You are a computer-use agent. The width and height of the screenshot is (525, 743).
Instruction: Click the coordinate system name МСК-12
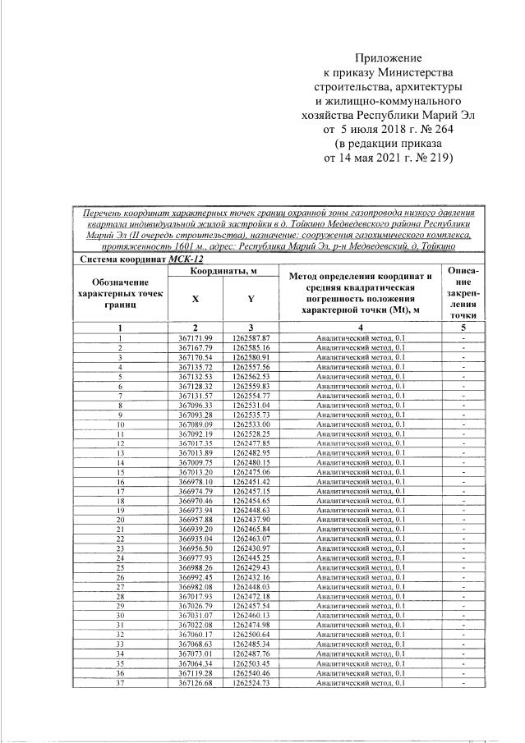(186, 259)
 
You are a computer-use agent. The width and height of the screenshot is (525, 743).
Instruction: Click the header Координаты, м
(223, 271)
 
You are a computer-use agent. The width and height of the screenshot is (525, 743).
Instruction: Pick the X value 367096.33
(195, 405)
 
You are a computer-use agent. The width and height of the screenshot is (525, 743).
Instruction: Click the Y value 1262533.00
(251, 424)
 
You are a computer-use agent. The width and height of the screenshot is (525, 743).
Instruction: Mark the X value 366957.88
(195, 520)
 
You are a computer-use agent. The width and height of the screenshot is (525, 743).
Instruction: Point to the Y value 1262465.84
(251, 530)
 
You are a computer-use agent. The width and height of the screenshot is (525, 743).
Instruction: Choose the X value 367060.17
(195, 635)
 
